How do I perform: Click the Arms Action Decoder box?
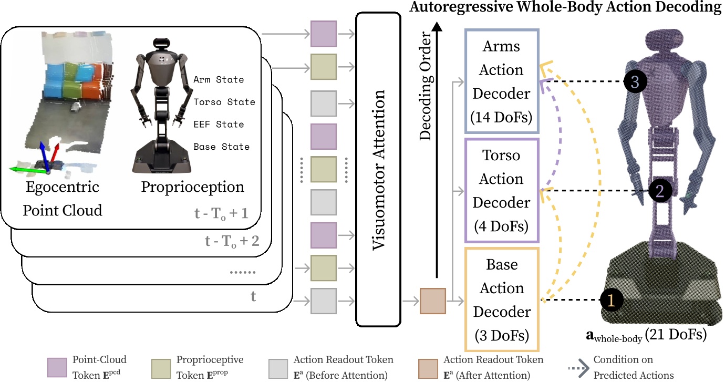tap(502, 81)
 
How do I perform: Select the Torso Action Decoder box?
tap(502, 191)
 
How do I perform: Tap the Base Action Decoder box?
tap(502, 300)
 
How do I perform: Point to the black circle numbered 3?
tap(635, 82)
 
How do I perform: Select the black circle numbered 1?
tap(610, 300)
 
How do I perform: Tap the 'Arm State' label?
tap(219, 80)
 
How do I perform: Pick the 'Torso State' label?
tap(224, 102)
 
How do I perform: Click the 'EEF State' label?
tap(219, 125)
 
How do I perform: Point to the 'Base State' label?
tap(221, 147)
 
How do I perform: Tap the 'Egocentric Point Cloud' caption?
tap(62, 199)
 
